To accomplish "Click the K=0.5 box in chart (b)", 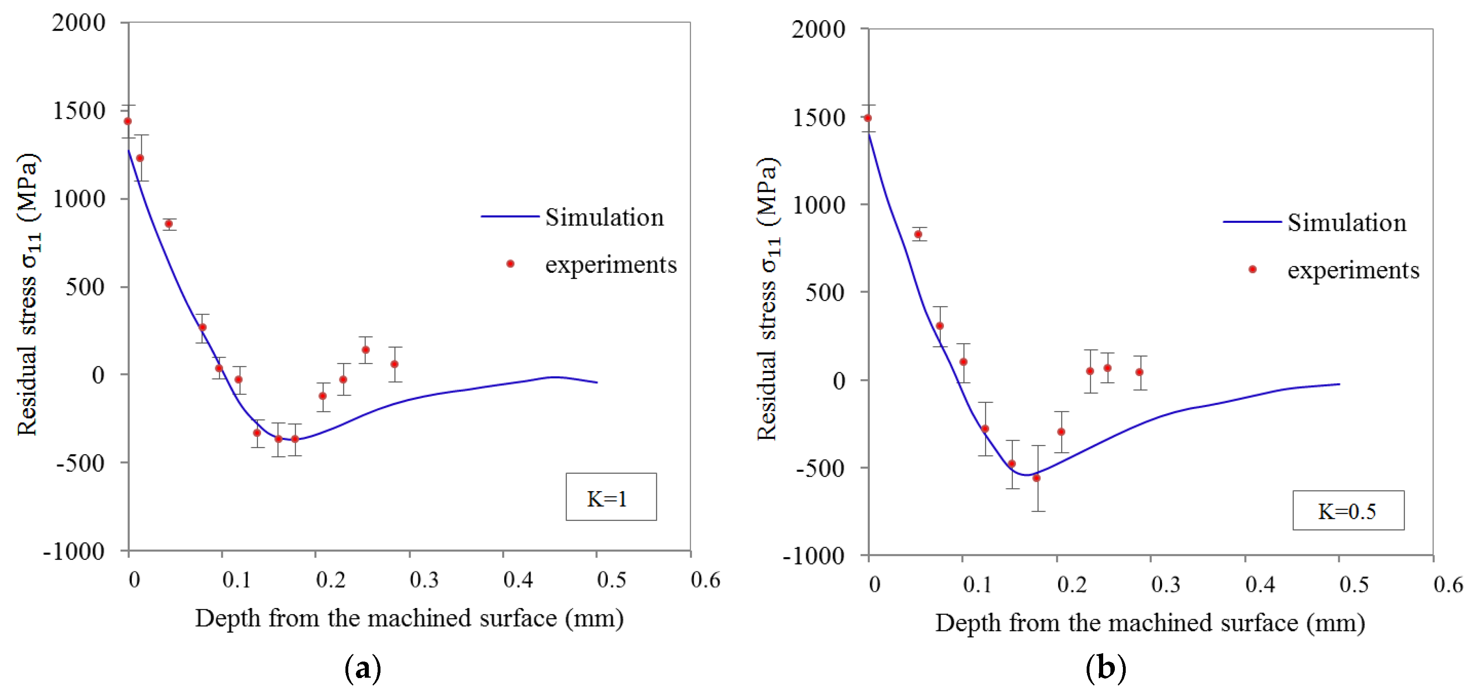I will (x=1348, y=510).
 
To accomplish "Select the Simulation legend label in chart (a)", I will (x=604, y=218).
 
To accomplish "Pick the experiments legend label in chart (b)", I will (x=1353, y=270).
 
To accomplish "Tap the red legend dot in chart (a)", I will (x=510, y=264).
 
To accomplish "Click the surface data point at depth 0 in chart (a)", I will (x=128, y=121).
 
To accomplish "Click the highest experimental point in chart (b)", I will (x=867, y=118).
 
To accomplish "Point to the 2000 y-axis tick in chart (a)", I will (x=79, y=23).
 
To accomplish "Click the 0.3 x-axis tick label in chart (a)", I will (x=424, y=580).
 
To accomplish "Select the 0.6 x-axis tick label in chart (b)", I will (x=1448, y=584).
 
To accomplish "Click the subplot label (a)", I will (x=363, y=668).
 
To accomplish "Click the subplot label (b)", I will (x=1105, y=668).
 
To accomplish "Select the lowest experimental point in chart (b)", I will (x=1036, y=478).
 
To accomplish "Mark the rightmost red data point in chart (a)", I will (x=394, y=364).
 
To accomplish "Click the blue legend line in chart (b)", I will (x=1251, y=222).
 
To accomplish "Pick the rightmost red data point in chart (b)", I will (x=1139, y=372).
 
